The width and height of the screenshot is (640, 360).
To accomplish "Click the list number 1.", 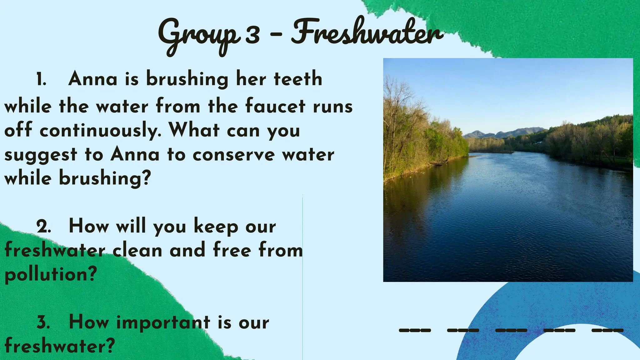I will [41, 79].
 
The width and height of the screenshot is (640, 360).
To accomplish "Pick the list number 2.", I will [43, 227].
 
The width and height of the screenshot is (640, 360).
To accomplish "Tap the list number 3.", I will [43, 322].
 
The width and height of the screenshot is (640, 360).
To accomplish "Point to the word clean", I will [137, 250].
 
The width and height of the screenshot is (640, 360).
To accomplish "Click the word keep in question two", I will [216, 227].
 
